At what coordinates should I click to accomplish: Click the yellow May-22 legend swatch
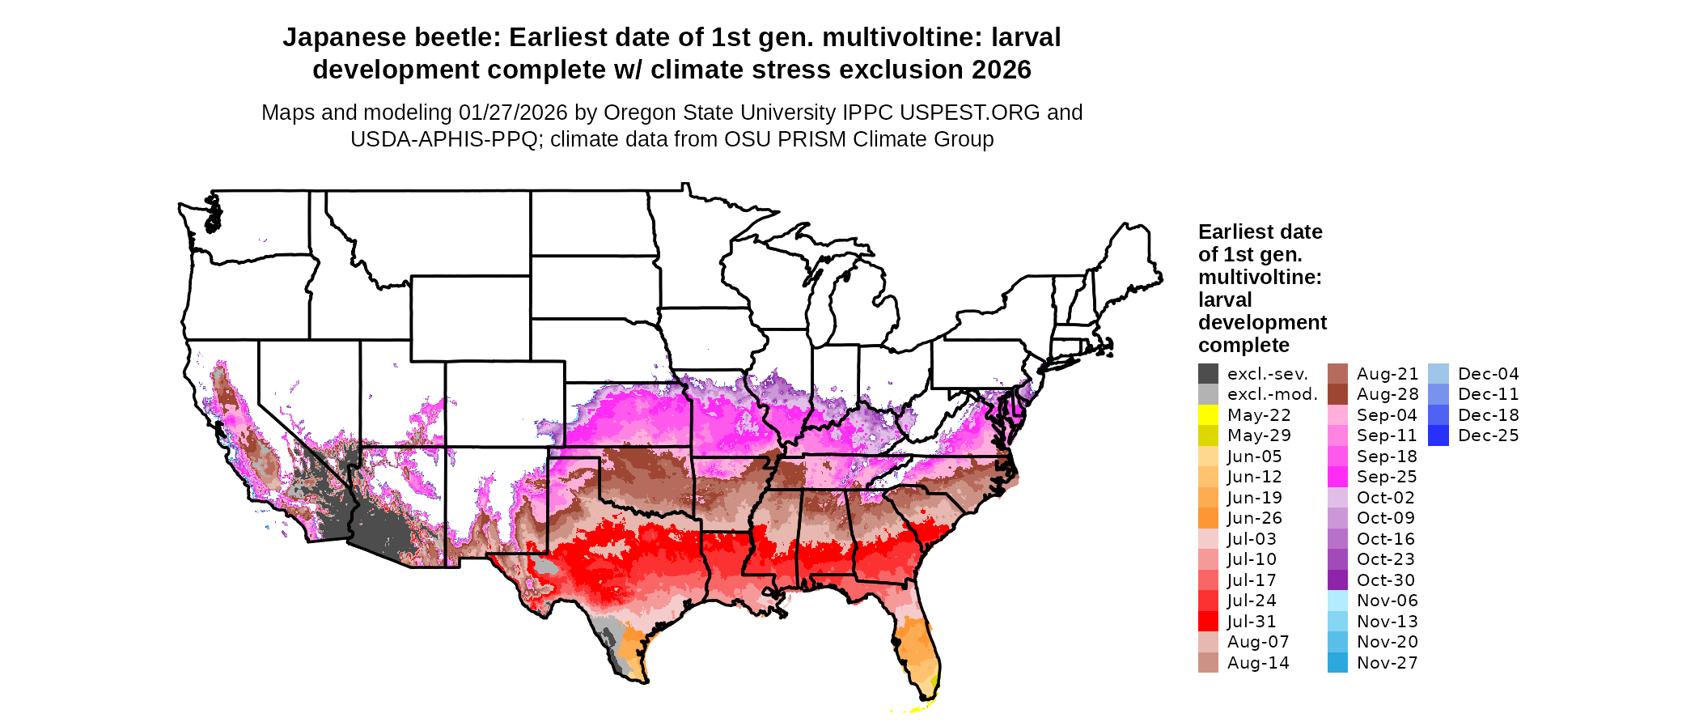pos(1208,414)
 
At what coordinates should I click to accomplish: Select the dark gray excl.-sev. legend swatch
pos(1208,373)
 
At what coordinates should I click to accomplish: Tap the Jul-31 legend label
pos(1252,622)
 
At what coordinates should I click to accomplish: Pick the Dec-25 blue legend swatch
pos(1438,435)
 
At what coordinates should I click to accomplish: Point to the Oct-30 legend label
pos(1386,580)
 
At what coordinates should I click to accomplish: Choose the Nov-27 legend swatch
pos(1337,663)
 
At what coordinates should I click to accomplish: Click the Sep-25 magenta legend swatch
pos(1337,477)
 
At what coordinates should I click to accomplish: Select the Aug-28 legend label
pos(1388,394)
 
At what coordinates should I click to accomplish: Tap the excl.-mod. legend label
pos(1272,394)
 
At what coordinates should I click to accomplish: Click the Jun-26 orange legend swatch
pos(1208,518)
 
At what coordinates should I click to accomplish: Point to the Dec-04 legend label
pos(1489,374)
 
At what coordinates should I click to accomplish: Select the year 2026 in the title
pos(1002,70)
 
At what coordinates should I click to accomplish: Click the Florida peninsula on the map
pos(920,648)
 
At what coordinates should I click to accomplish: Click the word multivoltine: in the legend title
pos(1260,277)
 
